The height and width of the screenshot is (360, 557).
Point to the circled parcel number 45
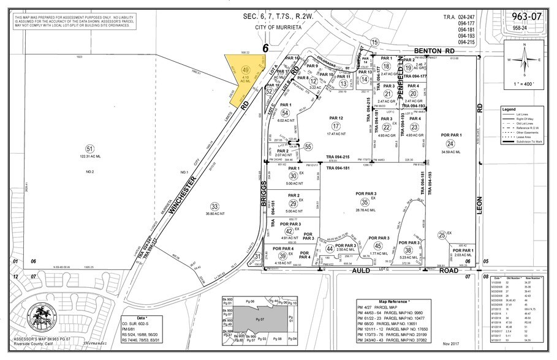[x=386, y=246]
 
